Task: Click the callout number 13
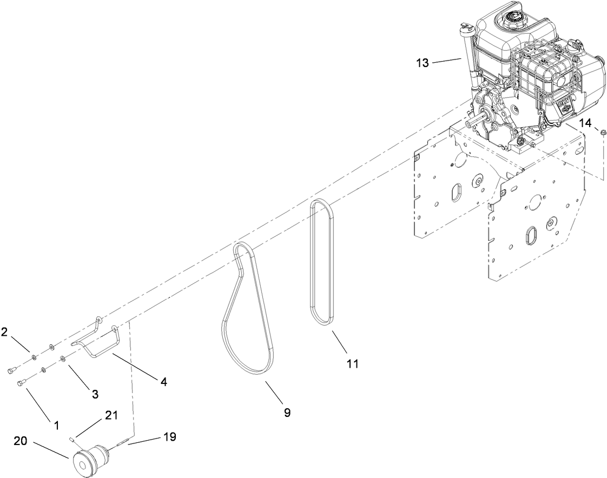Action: click(x=422, y=63)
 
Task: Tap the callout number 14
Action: click(x=585, y=123)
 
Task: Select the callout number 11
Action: click(x=352, y=364)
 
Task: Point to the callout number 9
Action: click(x=287, y=413)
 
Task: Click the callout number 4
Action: click(x=163, y=382)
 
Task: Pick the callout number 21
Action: click(x=111, y=415)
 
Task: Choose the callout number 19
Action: click(x=170, y=437)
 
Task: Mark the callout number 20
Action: click(x=20, y=442)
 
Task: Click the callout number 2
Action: click(x=4, y=331)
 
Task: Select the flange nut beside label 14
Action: click(x=603, y=130)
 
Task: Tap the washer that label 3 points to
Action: click(x=63, y=358)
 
